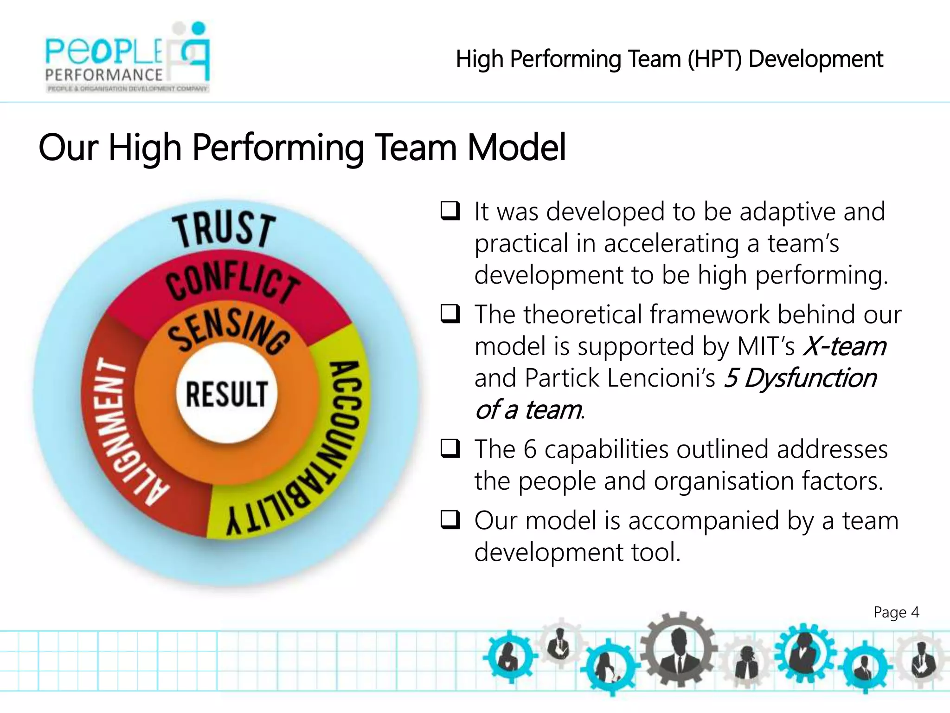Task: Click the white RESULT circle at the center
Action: pyautogui.click(x=226, y=394)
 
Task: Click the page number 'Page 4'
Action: pyautogui.click(x=896, y=612)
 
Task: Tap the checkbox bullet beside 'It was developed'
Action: pyautogui.click(x=450, y=211)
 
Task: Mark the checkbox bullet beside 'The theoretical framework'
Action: pyautogui.click(x=450, y=314)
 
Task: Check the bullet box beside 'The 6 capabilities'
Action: pyautogui.click(x=450, y=449)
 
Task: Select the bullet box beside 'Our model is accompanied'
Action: pyautogui.click(x=450, y=520)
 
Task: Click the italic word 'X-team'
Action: pyautogui.click(x=844, y=346)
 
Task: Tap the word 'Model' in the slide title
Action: pyautogui.click(x=516, y=148)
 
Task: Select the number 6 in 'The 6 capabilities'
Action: pyautogui.click(x=530, y=449)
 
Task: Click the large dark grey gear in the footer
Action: pyautogui.click(x=678, y=649)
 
